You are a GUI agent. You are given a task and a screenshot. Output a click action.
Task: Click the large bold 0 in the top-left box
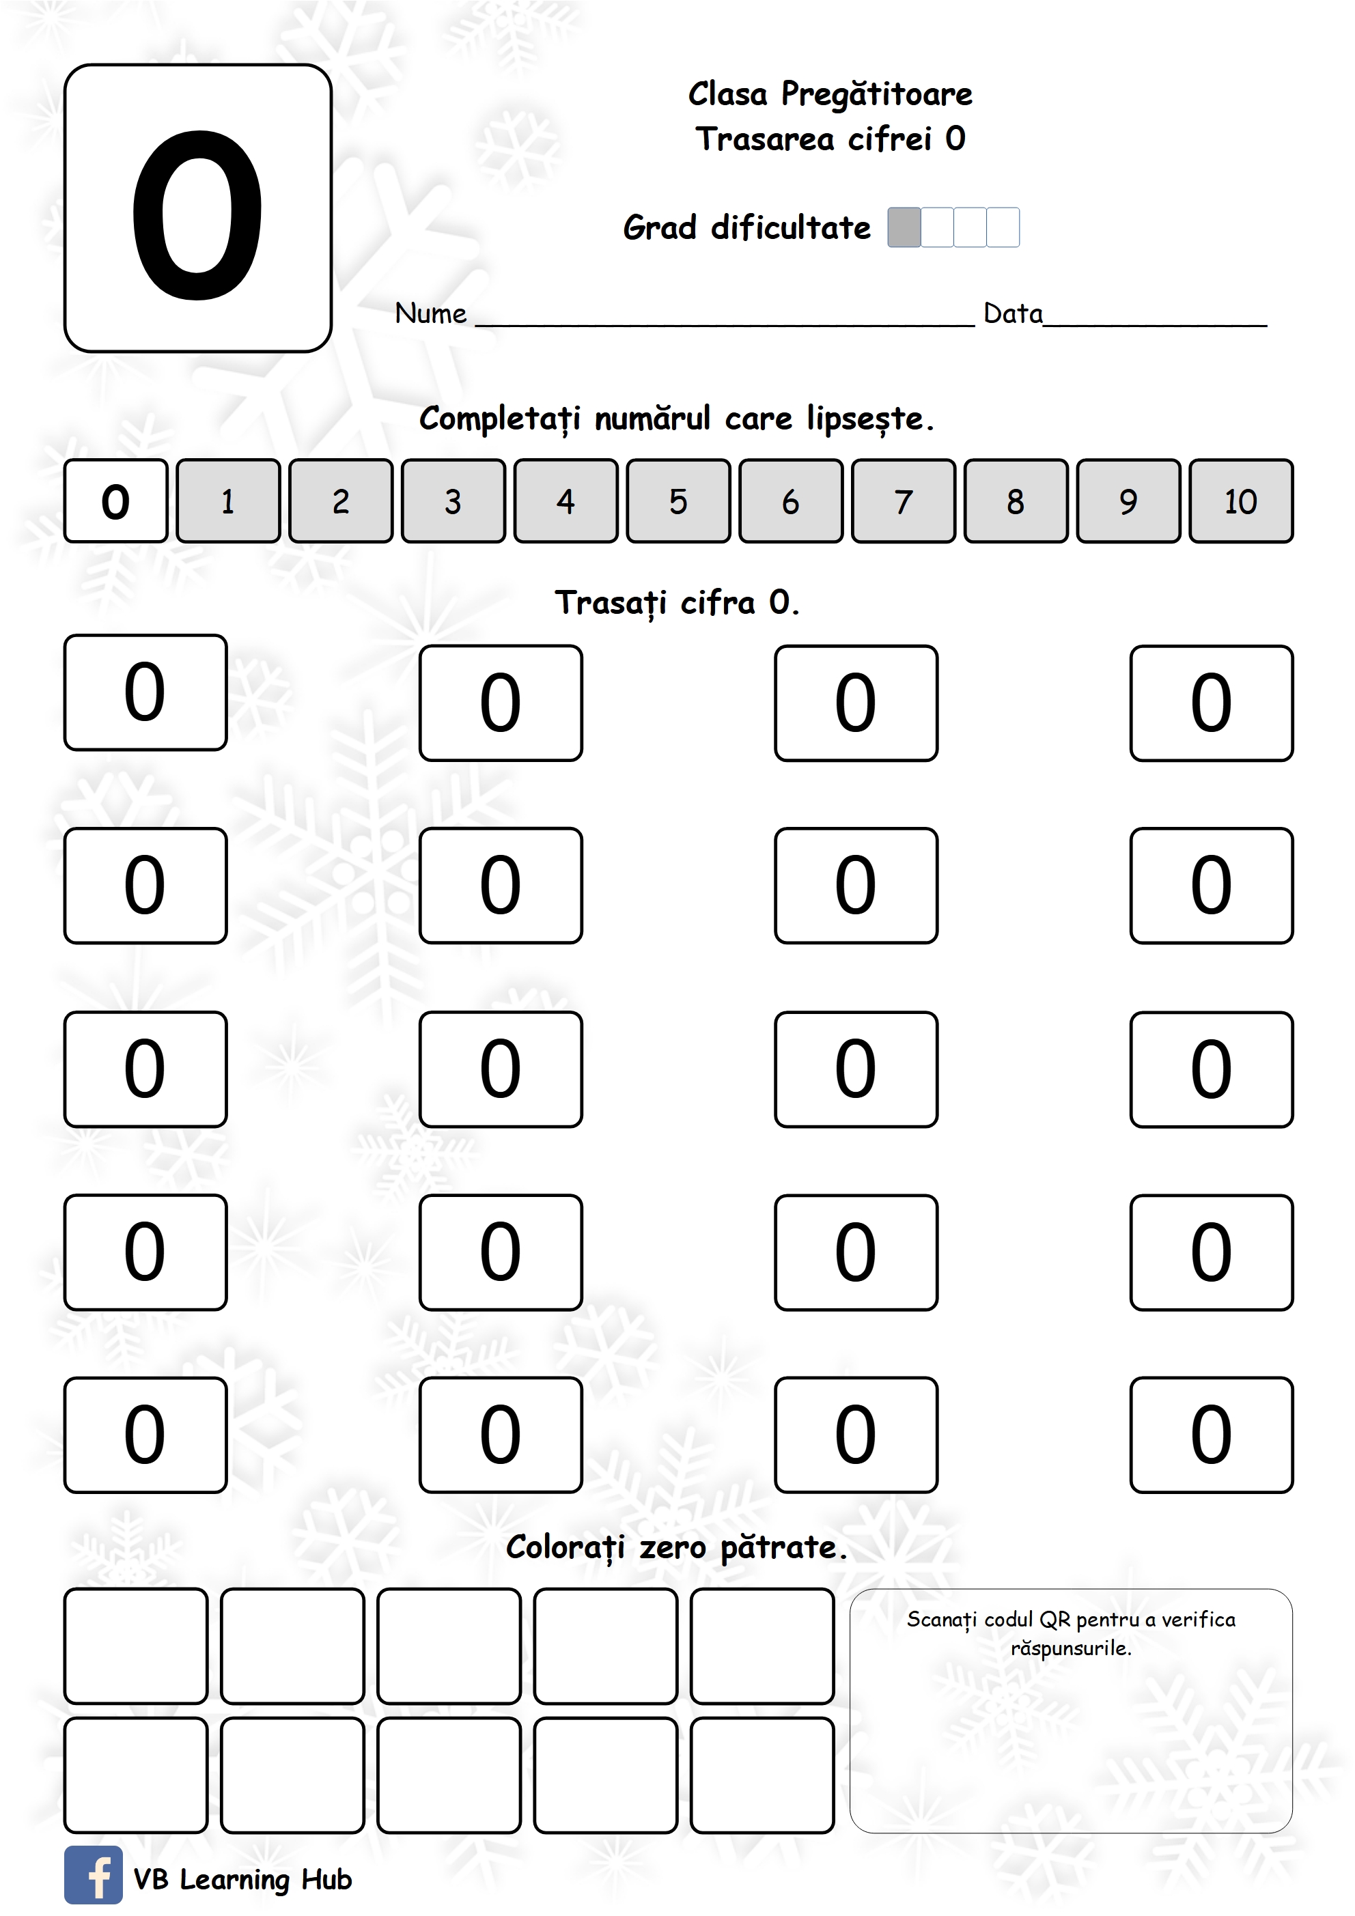[x=198, y=214]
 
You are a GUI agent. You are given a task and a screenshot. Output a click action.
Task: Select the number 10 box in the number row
[x=1241, y=501]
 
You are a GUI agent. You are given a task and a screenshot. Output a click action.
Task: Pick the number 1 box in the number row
[x=228, y=501]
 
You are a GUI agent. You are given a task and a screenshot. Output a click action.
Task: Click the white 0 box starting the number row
[x=115, y=501]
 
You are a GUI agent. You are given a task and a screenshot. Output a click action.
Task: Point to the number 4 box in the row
[x=565, y=501]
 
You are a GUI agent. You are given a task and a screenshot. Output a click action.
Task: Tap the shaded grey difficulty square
[x=904, y=227]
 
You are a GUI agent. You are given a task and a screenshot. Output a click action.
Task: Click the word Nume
[x=430, y=314]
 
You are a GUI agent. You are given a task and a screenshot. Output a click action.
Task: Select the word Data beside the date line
[x=1012, y=314]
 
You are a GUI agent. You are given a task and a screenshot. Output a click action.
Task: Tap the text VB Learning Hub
[x=242, y=1879]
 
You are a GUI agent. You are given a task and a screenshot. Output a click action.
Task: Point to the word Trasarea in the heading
[x=764, y=139]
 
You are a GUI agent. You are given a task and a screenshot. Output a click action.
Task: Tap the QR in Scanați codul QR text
[x=1054, y=1620]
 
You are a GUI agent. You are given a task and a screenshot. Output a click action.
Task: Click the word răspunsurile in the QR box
[x=1070, y=1648]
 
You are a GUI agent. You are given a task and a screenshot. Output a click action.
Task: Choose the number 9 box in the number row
[x=1128, y=501]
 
